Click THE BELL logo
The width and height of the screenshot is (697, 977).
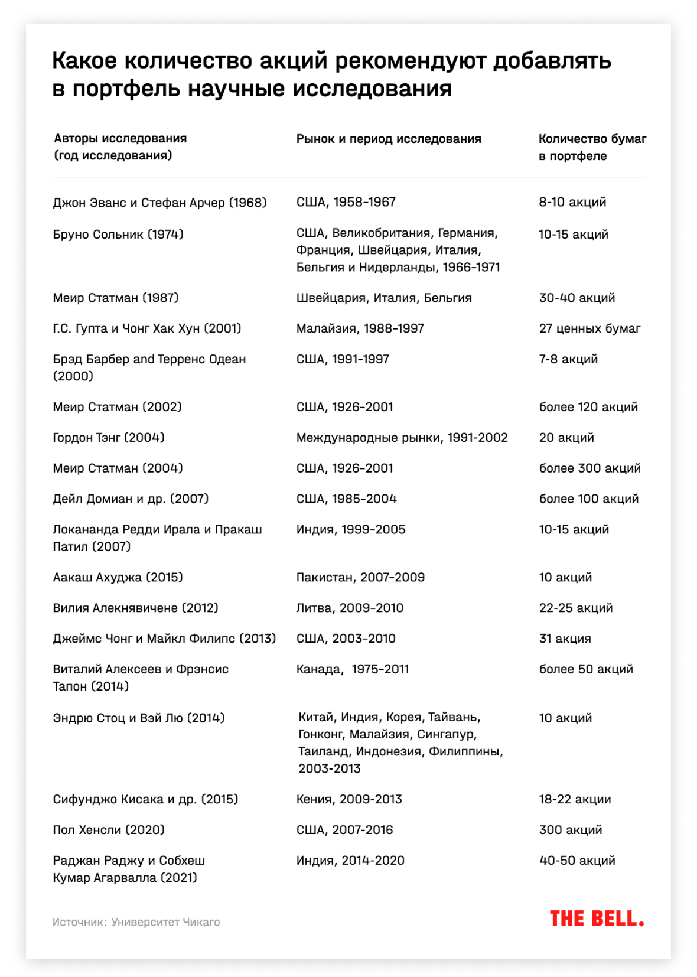point(597,919)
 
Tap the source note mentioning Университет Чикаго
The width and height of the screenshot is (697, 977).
point(136,922)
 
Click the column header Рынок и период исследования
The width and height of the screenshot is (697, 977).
point(389,139)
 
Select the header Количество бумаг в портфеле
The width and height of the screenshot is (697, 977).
point(592,147)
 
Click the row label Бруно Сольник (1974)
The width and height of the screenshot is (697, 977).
point(118,235)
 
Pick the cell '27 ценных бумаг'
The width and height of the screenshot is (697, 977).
point(589,328)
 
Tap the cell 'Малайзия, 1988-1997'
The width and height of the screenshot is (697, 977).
point(360,328)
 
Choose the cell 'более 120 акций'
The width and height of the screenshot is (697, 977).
point(588,407)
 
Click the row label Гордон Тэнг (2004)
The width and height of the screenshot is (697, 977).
point(109,438)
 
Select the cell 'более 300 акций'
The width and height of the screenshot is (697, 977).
point(589,468)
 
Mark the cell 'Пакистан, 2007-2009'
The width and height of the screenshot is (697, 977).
point(360,577)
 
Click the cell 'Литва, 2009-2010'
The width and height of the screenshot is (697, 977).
point(350,608)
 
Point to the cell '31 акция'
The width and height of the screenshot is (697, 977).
point(565,639)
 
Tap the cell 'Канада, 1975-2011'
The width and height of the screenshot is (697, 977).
point(353,669)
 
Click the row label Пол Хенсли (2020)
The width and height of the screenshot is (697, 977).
point(109,830)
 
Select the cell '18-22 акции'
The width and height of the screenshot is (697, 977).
point(575,799)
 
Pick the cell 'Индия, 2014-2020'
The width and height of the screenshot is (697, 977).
point(350,861)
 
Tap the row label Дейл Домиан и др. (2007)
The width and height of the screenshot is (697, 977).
point(131,499)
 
